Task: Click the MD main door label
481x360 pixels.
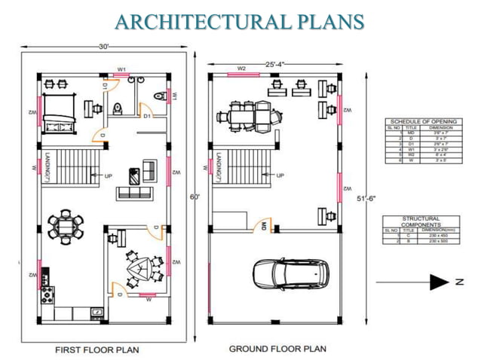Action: tap(264, 225)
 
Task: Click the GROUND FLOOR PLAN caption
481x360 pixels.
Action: tap(277, 349)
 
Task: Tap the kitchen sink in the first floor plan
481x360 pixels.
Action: tap(97, 310)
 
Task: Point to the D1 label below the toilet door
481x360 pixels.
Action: tap(147, 116)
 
